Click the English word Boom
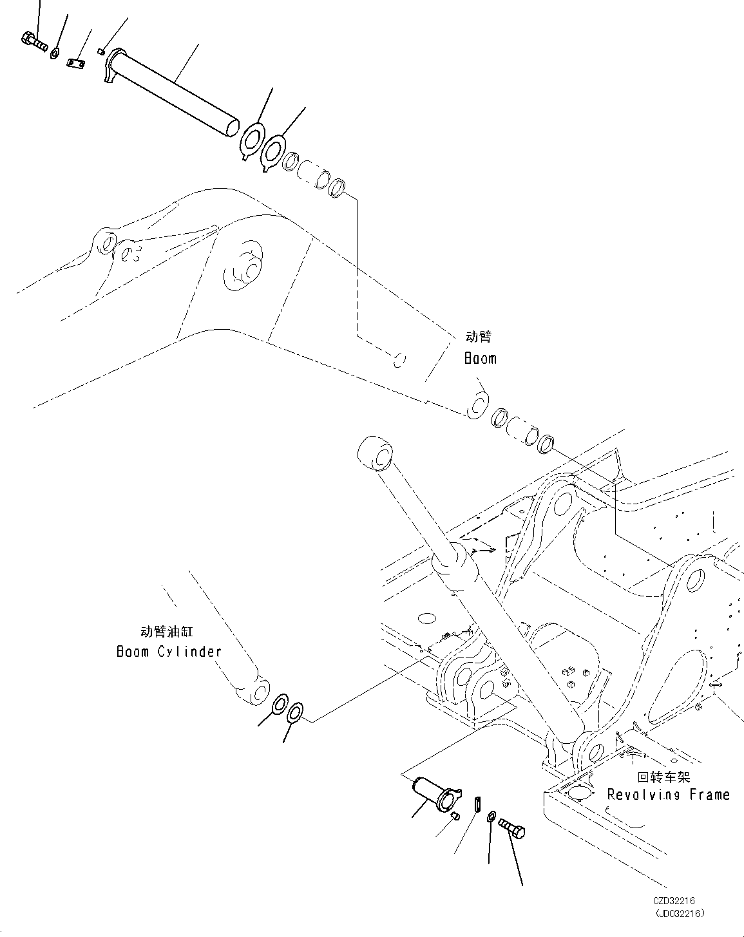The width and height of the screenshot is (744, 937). (x=481, y=358)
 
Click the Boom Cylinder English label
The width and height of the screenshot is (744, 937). (x=169, y=651)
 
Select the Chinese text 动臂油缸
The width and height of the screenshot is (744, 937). (x=166, y=632)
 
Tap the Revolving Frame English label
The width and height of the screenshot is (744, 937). (x=669, y=795)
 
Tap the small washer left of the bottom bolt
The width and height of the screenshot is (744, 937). (x=491, y=817)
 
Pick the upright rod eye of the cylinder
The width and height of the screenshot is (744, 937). (x=376, y=455)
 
